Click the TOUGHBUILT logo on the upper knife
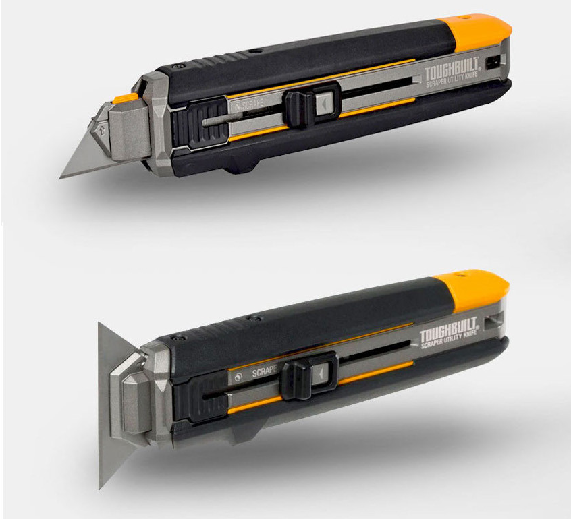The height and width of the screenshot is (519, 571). (x=451, y=73)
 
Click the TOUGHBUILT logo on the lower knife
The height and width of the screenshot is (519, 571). (x=448, y=328)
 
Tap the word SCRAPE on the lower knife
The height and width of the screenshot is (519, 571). (x=265, y=371)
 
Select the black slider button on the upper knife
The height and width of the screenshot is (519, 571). (x=296, y=107)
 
